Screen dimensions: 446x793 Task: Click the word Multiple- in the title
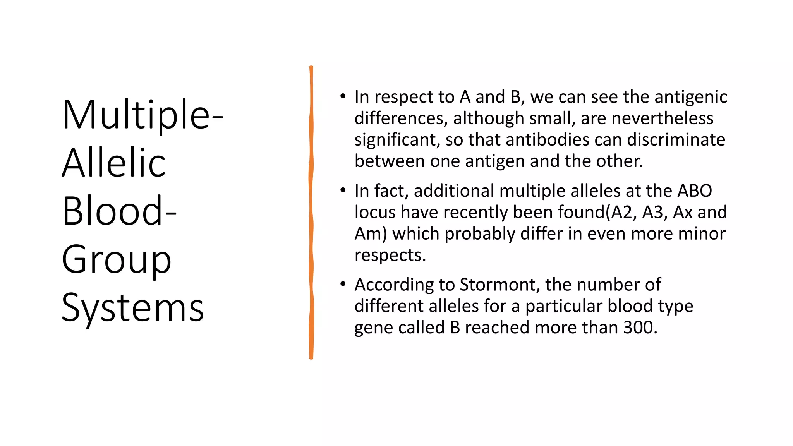tap(142, 115)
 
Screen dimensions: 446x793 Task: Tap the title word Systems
tap(132, 308)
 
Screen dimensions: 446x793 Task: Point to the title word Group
tap(116, 259)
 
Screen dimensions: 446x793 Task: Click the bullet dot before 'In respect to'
tap(343, 96)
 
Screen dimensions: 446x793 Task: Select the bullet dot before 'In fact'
tap(343, 190)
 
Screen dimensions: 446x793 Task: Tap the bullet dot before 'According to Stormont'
tap(343, 284)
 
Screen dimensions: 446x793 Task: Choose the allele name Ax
tap(682, 212)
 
